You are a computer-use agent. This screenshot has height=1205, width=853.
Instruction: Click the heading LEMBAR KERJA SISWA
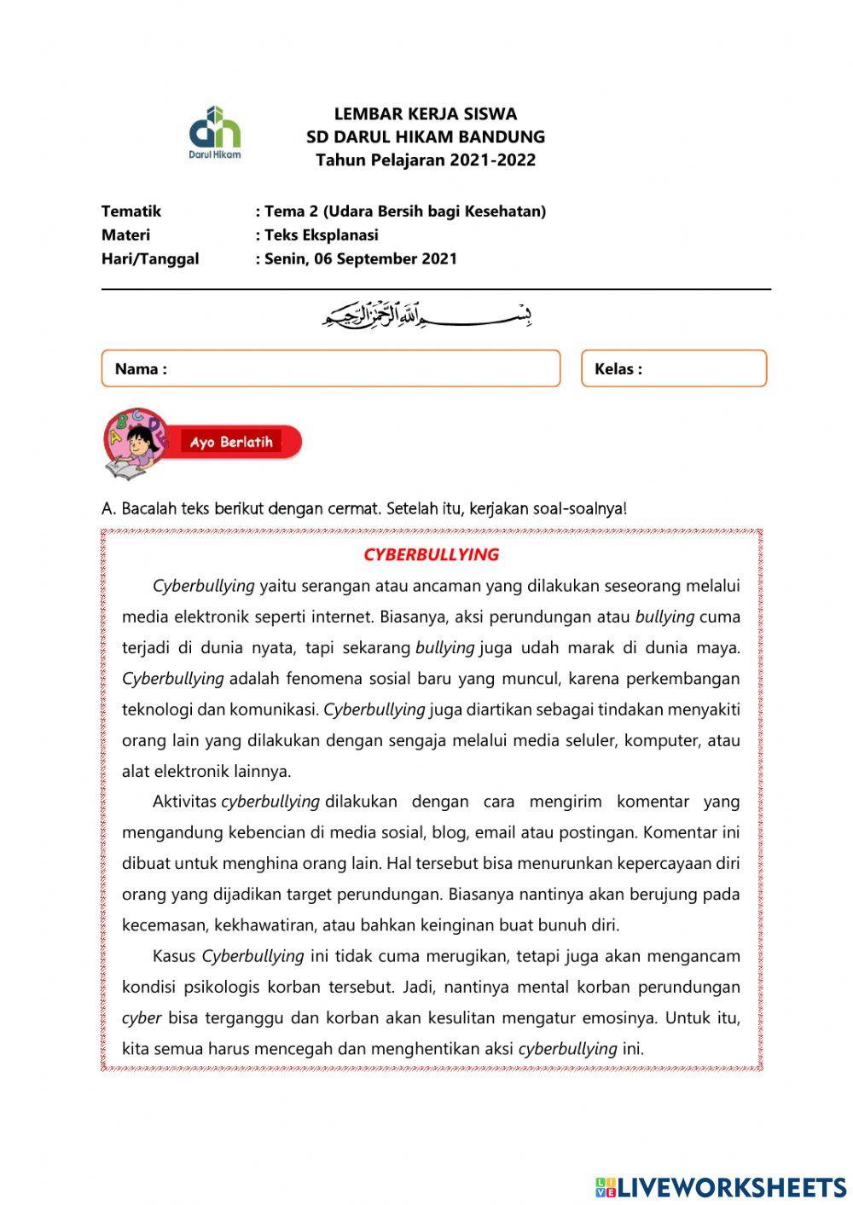click(425, 113)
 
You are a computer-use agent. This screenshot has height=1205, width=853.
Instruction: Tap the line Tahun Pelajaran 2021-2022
click(425, 160)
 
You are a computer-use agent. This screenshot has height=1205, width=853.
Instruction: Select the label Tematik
click(131, 211)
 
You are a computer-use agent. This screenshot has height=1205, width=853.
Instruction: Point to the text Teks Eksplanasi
click(321, 235)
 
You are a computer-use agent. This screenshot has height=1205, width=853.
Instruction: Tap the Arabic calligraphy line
click(426, 316)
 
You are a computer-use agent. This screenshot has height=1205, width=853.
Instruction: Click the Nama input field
click(358, 368)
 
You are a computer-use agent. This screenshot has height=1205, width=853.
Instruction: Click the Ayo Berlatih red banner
click(239, 442)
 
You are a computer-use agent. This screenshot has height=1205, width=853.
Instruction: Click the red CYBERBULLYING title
click(431, 554)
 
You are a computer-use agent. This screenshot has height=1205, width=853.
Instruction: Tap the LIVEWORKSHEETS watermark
click(721, 1186)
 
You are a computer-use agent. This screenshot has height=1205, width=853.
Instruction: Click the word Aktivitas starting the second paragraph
click(184, 802)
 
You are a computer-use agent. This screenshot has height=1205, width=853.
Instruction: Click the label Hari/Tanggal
click(150, 259)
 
